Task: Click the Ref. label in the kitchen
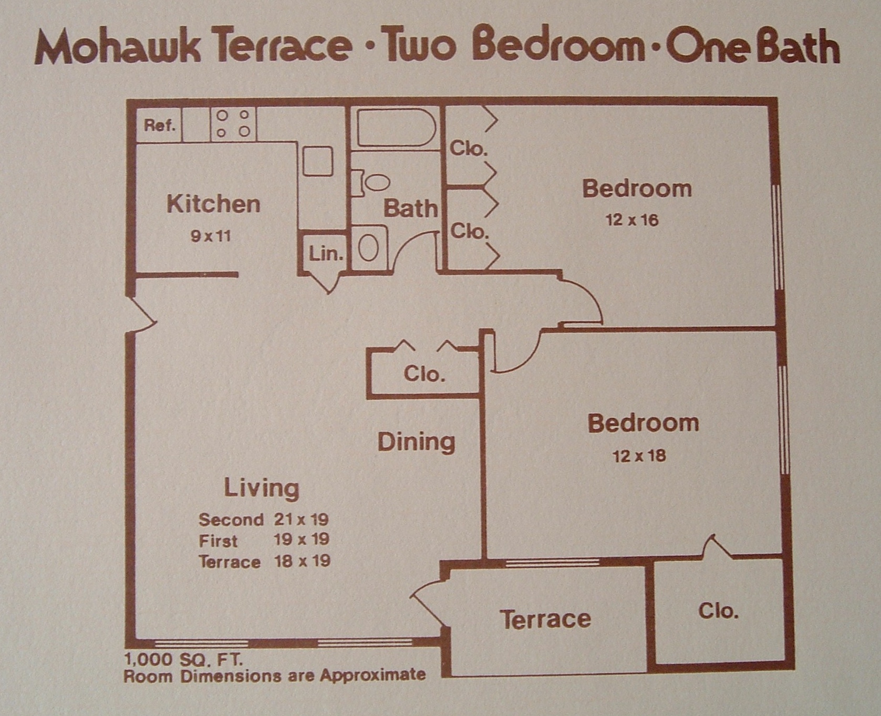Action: [159, 126]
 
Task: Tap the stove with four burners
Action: [233, 124]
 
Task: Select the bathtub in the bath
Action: [396, 128]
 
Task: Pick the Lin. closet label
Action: [326, 254]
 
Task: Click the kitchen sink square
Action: [318, 161]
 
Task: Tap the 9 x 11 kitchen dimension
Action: [211, 236]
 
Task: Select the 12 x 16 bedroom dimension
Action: [631, 220]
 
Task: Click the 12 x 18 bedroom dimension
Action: [639, 455]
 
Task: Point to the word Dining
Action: [416, 442]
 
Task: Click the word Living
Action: [262, 488]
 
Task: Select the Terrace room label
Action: [545, 619]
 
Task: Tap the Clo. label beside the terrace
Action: [718, 611]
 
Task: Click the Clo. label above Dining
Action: [424, 373]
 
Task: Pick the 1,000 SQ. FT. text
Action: [183, 659]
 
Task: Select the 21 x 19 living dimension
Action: [301, 520]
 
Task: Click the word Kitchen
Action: [213, 204]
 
